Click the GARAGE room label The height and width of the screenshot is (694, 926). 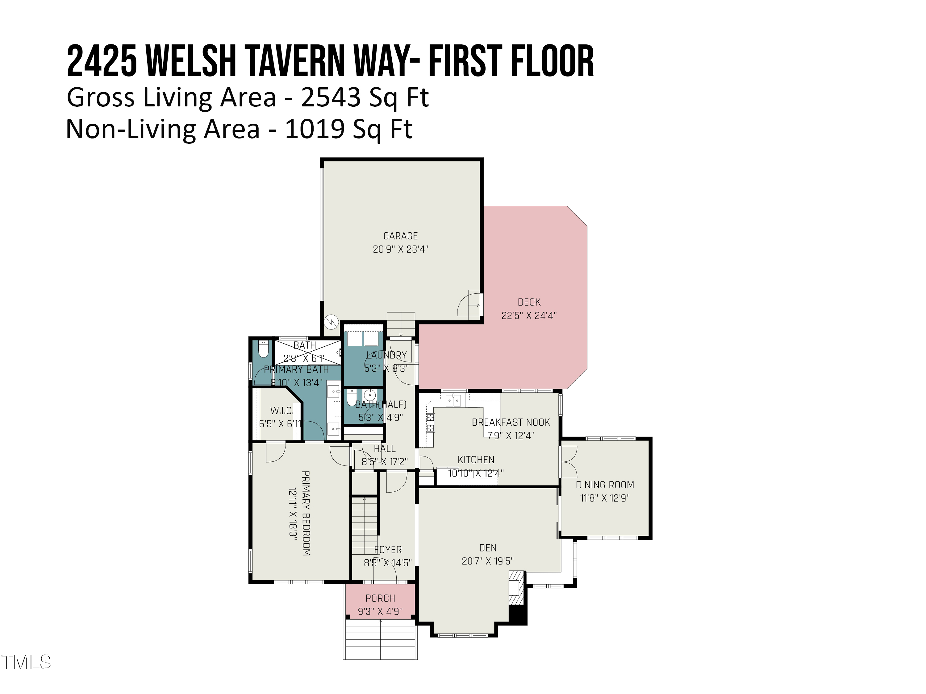point(400,236)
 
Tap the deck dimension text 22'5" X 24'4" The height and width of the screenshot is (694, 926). point(529,316)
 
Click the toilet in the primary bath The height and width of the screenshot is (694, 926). point(263,349)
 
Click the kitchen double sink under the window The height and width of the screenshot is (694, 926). point(453,400)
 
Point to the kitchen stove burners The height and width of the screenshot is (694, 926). point(430,423)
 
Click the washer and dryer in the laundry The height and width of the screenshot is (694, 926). point(363,338)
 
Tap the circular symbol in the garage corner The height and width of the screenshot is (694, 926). point(331,322)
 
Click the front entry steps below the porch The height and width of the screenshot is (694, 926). point(380,640)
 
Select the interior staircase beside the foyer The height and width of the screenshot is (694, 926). point(364,525)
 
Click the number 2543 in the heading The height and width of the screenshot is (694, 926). point(331,97)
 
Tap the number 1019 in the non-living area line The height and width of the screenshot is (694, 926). point(315,129)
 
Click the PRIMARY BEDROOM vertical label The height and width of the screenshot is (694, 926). point(306,513)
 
